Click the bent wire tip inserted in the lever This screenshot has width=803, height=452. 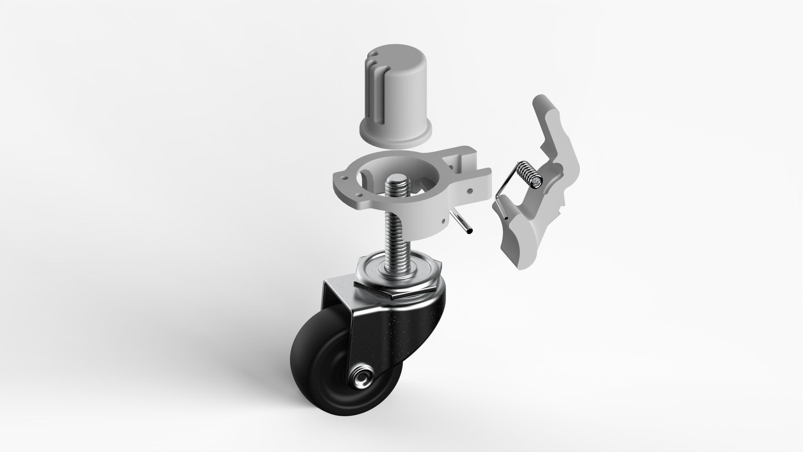tap(505, 218)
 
